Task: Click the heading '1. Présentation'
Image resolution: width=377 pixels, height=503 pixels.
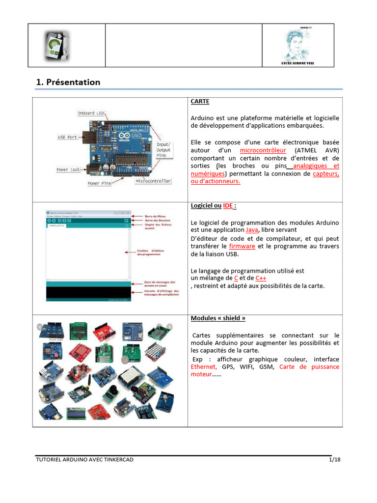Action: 68,83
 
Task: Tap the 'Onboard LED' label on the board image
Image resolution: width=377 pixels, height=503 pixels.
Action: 91,113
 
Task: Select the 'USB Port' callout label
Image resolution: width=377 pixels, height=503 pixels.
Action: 68,137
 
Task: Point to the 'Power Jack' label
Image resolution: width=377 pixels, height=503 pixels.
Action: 68,169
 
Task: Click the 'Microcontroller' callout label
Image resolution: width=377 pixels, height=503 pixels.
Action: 153,181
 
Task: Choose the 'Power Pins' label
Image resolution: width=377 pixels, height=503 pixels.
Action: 100,184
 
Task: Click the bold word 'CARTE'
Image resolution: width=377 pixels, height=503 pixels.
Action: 200,102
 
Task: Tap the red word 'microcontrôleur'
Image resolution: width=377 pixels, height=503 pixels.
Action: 263,150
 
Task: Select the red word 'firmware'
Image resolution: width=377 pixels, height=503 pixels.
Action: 242,246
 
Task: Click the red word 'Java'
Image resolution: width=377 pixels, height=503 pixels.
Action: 252,230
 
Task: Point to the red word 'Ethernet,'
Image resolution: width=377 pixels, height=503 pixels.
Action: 204,367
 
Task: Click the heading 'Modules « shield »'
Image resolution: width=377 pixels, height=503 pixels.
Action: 218,318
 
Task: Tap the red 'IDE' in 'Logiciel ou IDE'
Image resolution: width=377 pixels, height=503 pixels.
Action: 228,206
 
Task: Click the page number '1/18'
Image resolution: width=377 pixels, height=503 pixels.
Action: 334,460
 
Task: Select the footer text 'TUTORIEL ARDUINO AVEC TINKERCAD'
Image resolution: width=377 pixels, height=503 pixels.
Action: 84,460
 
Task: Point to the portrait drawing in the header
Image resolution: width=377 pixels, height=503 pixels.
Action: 297,44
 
